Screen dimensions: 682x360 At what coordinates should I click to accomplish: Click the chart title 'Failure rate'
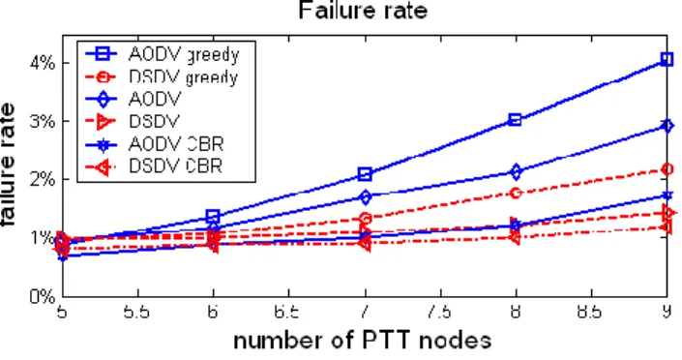coord(363,11)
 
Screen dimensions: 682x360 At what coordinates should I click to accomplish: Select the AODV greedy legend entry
coord(162,54)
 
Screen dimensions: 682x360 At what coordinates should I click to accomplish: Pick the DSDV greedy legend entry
coord(162,77)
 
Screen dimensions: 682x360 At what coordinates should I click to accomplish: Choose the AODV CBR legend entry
coord(155,144)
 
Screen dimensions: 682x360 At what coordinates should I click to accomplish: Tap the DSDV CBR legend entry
coord(154,166)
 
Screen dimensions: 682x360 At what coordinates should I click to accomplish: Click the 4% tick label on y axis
coord(43,64)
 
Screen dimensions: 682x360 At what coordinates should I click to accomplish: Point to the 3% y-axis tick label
coord(43,121)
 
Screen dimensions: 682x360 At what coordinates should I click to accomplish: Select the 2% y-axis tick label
coord(43,179)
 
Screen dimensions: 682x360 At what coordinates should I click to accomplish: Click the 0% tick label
coord(43,297)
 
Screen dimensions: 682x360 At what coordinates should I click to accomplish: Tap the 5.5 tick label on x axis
coord(137,313)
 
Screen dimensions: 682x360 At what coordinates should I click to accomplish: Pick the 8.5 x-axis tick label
coord(591,313)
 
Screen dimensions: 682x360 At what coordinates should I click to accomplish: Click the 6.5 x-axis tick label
coord(288,313)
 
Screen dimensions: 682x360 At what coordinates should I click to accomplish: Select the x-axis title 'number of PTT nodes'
coord(363,341)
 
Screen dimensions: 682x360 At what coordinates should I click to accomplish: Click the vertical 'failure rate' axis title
coord(9,165)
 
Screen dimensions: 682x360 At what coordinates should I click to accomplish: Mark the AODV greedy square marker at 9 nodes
coord(667,59)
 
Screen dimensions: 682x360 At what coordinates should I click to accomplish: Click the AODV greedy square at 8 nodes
coord(515,120)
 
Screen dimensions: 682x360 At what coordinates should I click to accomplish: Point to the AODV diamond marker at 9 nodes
coord(667,126)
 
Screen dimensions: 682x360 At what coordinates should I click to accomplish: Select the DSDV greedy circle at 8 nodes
coord(516,193)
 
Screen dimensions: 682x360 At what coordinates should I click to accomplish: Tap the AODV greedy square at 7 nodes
coord(365,174)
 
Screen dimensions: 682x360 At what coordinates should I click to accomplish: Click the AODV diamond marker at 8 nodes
coord(516,172)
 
